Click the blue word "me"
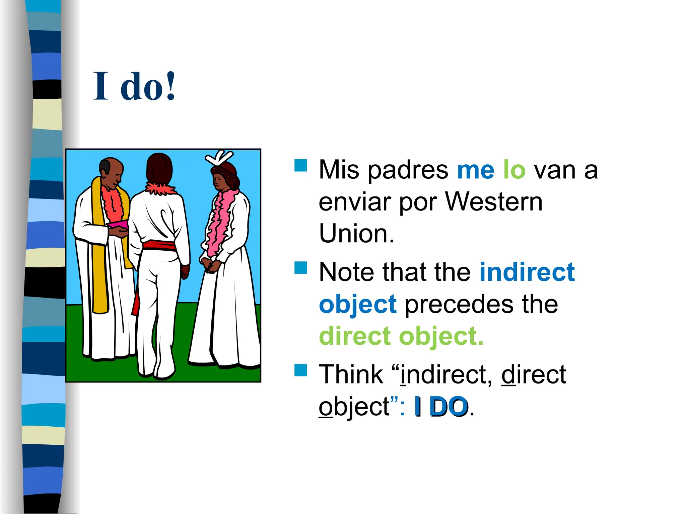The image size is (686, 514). click(x=475, y=170)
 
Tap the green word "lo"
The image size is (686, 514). click(x=514, y=170)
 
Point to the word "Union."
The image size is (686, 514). click(x=356, y=233)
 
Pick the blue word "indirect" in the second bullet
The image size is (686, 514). click(x=527, y=272)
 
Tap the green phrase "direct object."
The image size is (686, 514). click(x=401, y=336)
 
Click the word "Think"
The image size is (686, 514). click(x=351, y=374)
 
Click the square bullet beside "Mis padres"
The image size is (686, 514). click(x=300, y=165)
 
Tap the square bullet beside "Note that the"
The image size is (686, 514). click(x=300, y=268)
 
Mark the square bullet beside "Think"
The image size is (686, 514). click(x=300, y=370)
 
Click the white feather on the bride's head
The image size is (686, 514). click(x=220, y=157)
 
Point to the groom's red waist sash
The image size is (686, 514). click(x=159, y=245)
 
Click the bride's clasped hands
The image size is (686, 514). click(x=211, y=266)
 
